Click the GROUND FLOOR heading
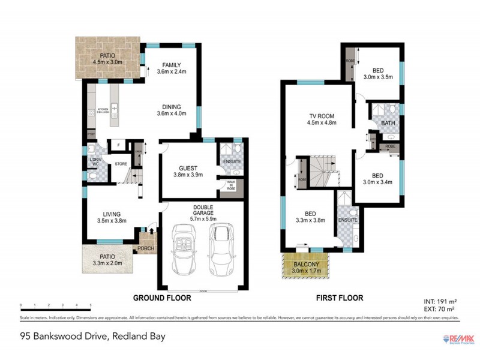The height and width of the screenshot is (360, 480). click(x=161, y=298)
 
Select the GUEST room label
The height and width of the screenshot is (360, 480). click(x=188, y=169)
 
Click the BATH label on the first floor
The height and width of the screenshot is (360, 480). click(x=388, y=124)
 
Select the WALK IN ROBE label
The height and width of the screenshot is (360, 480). click(x=230, y=186)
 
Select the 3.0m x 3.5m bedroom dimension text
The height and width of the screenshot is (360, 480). click(x=377, y=77)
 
